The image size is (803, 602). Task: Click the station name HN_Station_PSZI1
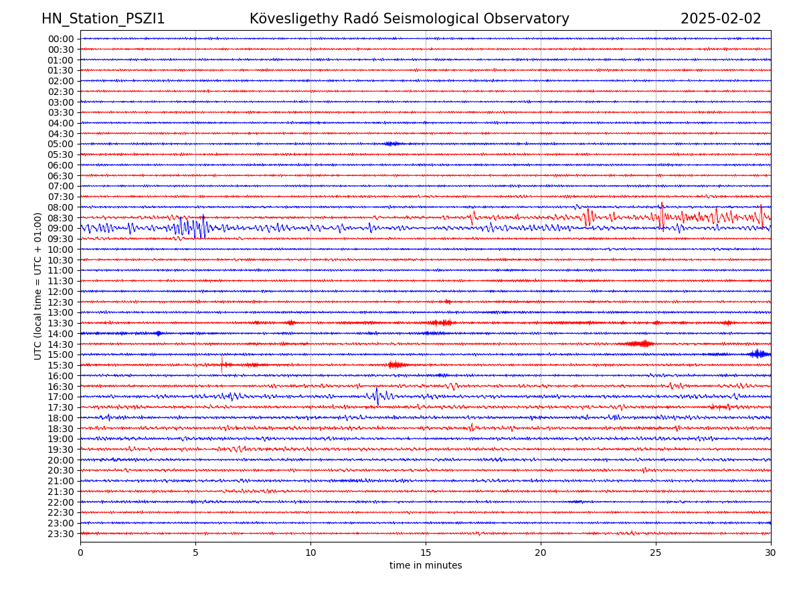103,19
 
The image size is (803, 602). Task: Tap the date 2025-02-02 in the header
721,19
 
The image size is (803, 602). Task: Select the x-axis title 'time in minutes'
426,565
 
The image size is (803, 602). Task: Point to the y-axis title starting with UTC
38,286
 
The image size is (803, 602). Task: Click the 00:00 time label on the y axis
60,39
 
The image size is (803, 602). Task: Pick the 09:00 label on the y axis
60,228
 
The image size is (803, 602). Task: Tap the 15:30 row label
60,365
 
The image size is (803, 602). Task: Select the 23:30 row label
60,534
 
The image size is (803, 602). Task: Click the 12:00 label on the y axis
60,292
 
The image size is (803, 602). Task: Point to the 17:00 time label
60,397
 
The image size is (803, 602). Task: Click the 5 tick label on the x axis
195,553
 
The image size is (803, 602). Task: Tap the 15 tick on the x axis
426,553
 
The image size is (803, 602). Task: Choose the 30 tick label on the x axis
771,553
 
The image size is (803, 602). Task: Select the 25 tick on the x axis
656,553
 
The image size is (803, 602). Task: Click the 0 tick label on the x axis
80,553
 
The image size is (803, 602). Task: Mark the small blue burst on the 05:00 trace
393,144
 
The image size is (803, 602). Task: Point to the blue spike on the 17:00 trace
377,396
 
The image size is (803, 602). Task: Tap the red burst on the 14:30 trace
641,344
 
